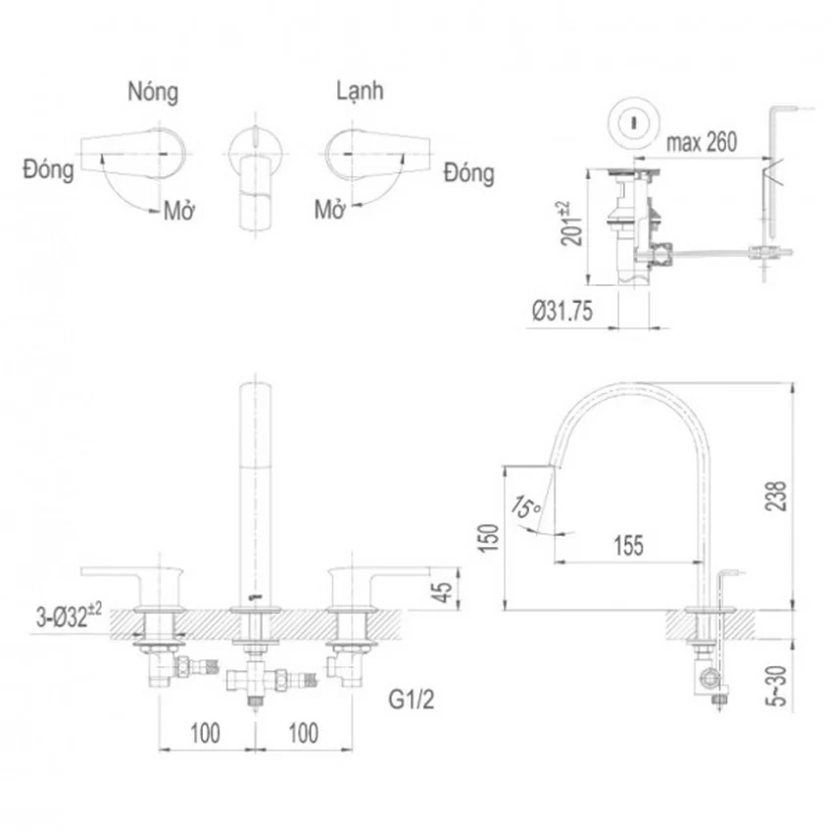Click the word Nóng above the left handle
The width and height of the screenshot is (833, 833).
point(153,92)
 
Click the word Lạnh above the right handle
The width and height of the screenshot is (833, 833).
point(360,90)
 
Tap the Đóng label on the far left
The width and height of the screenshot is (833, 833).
point(48,171)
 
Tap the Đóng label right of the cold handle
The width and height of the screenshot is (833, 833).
point(469,172)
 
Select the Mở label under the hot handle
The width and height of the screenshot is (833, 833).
point(179,211)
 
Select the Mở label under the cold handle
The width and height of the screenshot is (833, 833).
point(330,210)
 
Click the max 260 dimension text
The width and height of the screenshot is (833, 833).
point(702,142)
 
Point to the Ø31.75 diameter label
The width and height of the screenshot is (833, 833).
point(563,311)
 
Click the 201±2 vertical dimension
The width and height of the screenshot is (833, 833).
point(571,223)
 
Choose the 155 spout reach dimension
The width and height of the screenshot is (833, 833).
point(628,546)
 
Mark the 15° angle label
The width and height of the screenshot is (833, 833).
point(526,507)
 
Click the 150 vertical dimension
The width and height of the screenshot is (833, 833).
point(489,538)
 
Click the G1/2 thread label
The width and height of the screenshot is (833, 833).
point(412,699)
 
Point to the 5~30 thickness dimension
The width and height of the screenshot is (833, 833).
point(776,685)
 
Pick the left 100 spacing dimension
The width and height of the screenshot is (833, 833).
point(205,733)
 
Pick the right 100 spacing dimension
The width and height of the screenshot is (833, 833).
point(304,733)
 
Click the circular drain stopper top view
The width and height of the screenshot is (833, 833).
point(633,122)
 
